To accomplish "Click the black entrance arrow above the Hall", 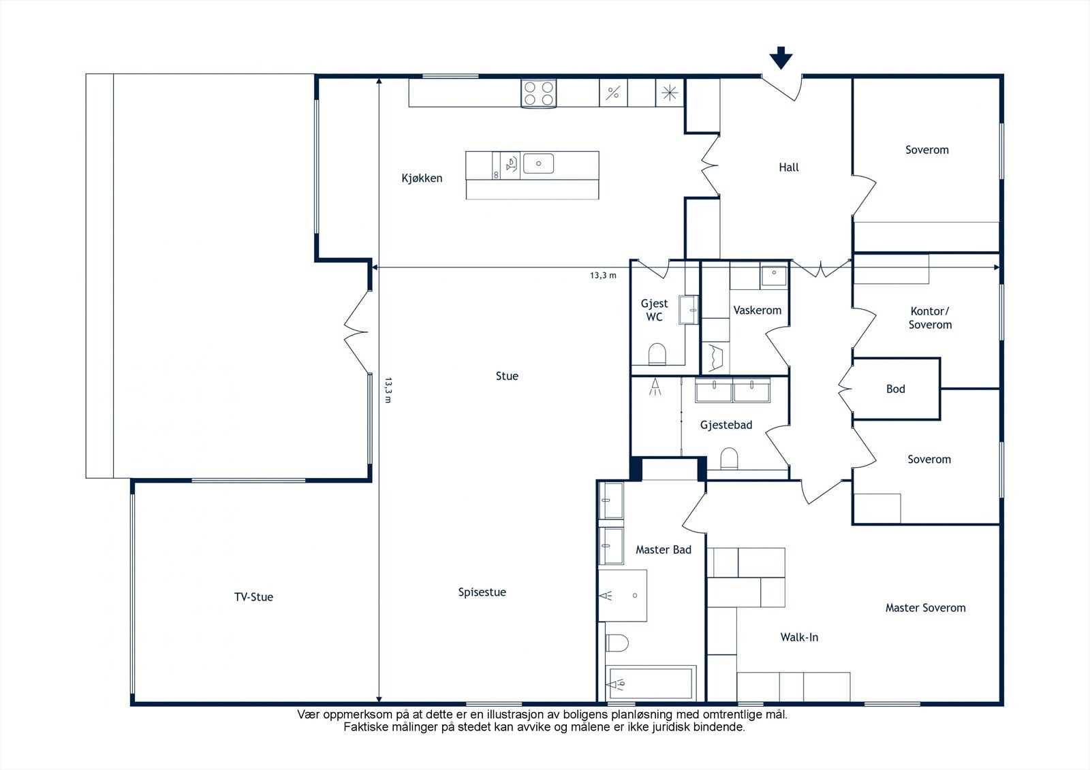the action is coord(781,58).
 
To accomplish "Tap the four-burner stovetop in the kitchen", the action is coord(539,93).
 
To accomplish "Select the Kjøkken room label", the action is coord(422,178).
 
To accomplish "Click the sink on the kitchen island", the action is coord(538,163).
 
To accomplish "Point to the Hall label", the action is coord(789,167).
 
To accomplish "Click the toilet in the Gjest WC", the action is coord(657,354).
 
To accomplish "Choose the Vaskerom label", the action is coord(757,310).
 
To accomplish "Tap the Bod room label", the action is coord(895,389).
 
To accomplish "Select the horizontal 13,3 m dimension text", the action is coord(604,275).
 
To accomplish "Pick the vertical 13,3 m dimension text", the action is coord(388,390).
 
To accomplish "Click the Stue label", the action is coord(507,376).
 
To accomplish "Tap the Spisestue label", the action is coord(482,592).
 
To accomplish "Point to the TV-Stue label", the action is coord(253,597).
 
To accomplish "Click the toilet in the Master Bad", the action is coord(617,643).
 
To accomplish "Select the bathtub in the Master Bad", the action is coord(651,684).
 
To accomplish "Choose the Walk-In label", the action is coord(800,637).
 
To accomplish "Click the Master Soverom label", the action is coord(926,607).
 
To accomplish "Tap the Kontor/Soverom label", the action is coord(930,318).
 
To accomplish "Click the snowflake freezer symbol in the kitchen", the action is coord(670,93).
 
